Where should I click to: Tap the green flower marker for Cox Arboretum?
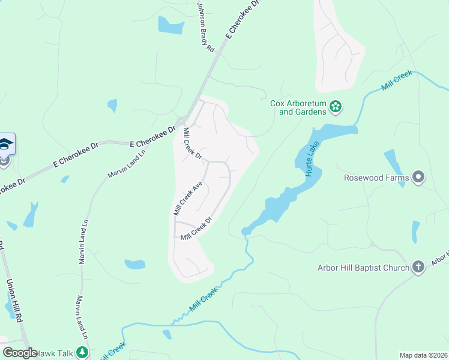point(336,107)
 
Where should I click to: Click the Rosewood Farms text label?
point(376,178)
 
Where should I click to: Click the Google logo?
point(20,353)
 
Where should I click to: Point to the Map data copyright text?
point(424,355)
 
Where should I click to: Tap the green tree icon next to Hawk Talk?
point(82,353)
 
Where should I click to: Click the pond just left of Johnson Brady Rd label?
point(170,25)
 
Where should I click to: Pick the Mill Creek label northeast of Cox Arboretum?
point(396,80)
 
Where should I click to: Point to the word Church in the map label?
point(394,267)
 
